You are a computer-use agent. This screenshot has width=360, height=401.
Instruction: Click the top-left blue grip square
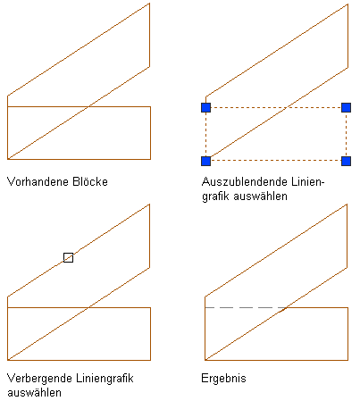point(206,107)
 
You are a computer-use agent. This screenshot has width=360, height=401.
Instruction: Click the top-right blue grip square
point(346,107)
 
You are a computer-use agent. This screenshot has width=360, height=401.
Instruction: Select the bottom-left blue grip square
point(206,161)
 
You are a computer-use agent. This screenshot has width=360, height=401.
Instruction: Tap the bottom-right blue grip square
point(346,161)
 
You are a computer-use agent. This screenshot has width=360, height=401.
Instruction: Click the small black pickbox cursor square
point(68,257)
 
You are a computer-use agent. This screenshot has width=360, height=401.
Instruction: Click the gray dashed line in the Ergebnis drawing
point(245,307)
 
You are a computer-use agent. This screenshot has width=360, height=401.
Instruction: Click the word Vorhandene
point(37,181)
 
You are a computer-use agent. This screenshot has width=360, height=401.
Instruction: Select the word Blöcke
point(90,181)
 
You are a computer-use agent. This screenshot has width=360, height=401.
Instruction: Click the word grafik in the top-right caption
point(215,196)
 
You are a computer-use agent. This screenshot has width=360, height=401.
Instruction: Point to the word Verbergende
point(39,379)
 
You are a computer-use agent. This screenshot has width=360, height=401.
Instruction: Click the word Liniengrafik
point(105,379)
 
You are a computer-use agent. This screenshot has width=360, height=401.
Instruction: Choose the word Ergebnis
point(223,379)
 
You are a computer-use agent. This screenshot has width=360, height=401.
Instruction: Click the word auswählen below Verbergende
point(34,393)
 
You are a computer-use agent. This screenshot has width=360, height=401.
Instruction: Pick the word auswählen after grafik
point(261,196)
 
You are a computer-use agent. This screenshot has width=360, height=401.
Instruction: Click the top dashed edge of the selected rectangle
point(276,107)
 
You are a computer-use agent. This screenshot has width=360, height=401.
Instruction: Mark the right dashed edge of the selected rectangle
point(346,134)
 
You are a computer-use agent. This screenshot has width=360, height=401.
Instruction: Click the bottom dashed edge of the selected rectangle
point(276,161)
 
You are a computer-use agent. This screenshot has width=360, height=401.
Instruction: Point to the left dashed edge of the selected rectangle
point(206,134)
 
